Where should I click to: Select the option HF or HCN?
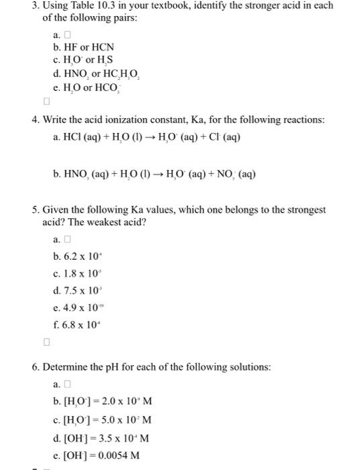click(x=83, y=47)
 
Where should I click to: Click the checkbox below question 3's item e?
click(x=46, y=102)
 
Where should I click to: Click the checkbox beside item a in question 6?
click(x=66, y=385)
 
